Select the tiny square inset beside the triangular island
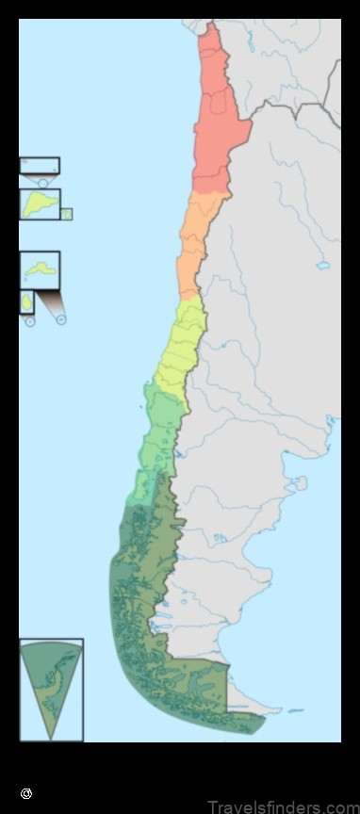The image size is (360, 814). tap(66, 214)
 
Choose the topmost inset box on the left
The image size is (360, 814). tap(39, 166)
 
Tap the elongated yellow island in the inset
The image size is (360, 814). tap(40, 269)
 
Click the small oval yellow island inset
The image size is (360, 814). tap(26, 303)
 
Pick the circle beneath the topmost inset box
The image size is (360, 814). tap(42, 182)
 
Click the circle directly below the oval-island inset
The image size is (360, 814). tap(29, 321)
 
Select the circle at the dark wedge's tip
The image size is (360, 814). tap(61, 319)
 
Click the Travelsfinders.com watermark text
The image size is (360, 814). tap(283, 806)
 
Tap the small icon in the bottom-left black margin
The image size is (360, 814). tap(26, 794)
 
